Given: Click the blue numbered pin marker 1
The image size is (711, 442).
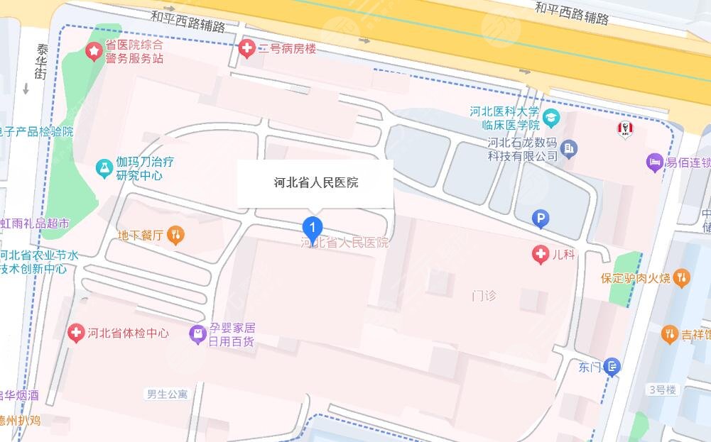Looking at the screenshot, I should click(313, 227).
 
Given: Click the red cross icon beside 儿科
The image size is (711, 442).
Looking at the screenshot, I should click(541, 253).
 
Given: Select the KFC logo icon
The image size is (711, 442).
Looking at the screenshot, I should click(625, 128).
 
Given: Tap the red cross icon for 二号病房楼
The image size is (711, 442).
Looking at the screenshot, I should click(246, 48).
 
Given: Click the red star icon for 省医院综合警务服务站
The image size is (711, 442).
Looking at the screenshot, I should click(93, 50).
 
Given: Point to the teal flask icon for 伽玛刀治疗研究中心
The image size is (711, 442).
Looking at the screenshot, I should click(104, 168).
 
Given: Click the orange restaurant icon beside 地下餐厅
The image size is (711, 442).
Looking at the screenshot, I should click(175, 236).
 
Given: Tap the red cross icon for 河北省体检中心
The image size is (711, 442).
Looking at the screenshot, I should click(76, 333).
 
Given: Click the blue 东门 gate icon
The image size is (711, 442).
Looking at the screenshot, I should click(613, 367).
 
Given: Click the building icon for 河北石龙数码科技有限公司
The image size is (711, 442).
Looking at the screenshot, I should click(569, 149).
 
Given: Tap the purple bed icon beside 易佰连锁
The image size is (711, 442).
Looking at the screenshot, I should click(654, 162).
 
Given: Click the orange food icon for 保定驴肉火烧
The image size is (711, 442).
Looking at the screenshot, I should click(681, 277).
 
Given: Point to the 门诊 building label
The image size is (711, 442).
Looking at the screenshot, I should click(484, 295).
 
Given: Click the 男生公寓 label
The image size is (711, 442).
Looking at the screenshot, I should click(167, 394).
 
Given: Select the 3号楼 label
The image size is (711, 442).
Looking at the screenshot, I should click(663, 389).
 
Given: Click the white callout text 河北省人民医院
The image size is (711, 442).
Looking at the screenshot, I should click(316, 183).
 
